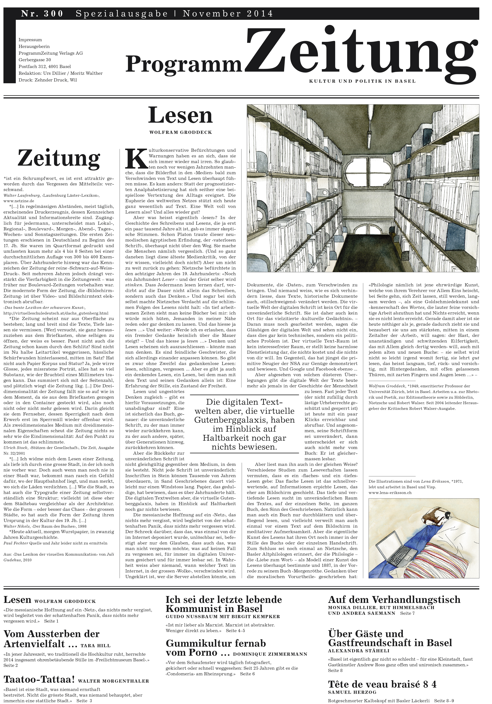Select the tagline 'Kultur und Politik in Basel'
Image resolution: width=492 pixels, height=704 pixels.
pyautogui.click(x=362, y=81)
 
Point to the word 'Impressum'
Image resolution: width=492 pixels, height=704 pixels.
pyautogui.click(x=30, y=40)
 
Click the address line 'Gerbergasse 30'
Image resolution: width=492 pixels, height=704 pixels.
pyautogui.click(x=35, y=60)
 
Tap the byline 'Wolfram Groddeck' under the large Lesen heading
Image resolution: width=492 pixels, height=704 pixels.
pyautogui.click(x=180, y=132)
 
